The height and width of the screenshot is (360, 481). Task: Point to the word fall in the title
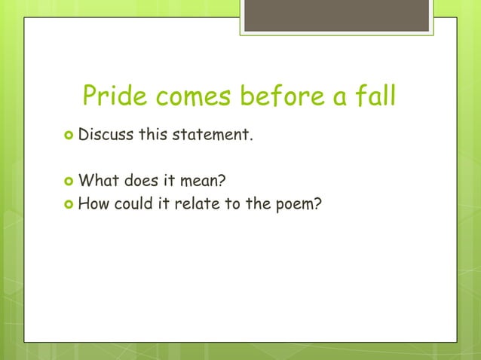pos(374,96)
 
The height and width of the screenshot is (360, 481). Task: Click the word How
pos(93,201)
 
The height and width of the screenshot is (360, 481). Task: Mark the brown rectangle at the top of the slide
pos(337,15)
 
